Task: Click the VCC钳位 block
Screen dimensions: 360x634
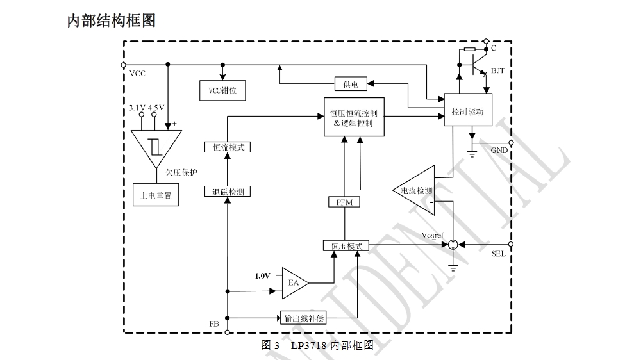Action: tap(222, 90)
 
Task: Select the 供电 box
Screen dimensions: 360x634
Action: tap(350, 84)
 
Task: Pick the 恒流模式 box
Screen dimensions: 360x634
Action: tap(227, 147)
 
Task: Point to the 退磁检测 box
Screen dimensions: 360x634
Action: tap(227, 192)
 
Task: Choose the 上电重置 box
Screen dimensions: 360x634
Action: tap(156, 195)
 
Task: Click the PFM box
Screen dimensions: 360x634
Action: tap(344, 202)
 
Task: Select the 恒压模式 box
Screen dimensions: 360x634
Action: tap(346, 245)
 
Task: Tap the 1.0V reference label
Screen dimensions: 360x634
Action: tap(263, 275)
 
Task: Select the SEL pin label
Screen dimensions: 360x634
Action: tap(498, 254)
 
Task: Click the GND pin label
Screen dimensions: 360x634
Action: tap(499, 151)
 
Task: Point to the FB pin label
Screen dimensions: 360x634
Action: tap(215, 323)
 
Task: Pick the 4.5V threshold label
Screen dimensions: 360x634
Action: tap(156, 107)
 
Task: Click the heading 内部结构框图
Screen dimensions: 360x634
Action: tap(112, 20)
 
